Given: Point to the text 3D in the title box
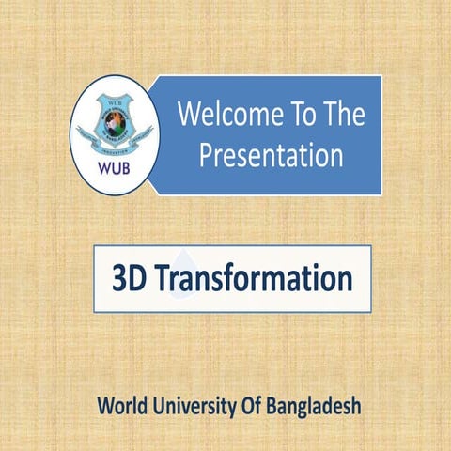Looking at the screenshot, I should pyautogui.click(x=127, y=279).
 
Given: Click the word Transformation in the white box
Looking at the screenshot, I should pyautogui.click(x=253, y=279).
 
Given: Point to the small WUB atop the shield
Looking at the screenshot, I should pyautogui.click(x=115, y=100).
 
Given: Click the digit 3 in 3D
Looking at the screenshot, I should pyautogui.click(x=118, y=279).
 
